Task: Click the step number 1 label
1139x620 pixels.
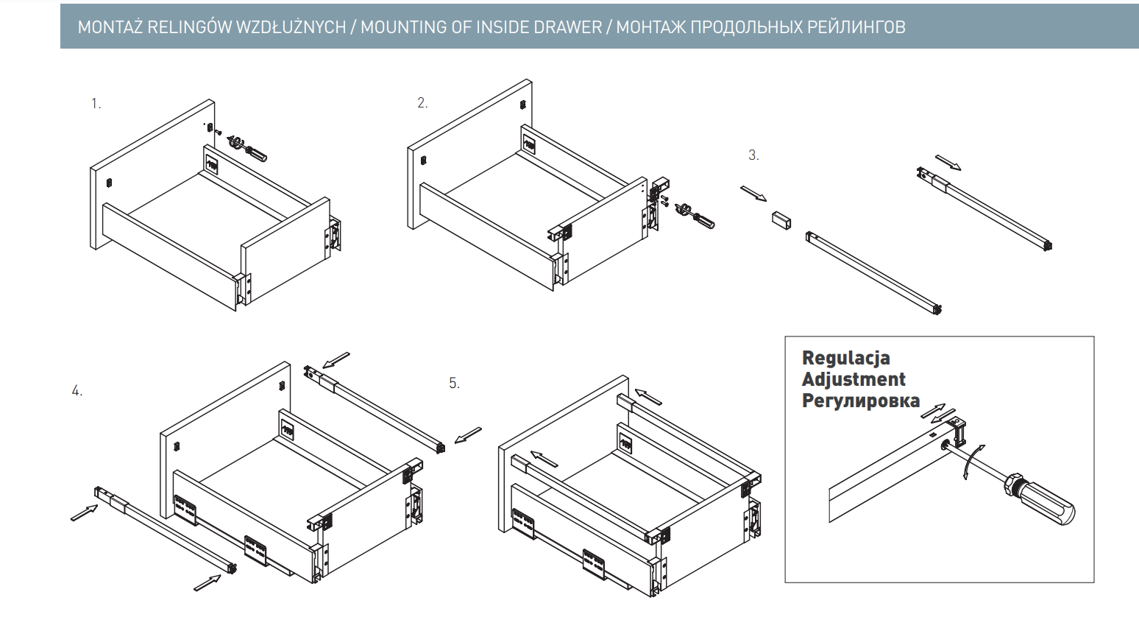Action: click(96, 104)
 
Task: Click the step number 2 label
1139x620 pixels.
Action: click(422, 103)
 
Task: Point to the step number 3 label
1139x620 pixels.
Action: click(753, 155)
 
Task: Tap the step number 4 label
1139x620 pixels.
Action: click(77, 391)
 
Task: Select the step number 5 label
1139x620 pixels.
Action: click(454, 384)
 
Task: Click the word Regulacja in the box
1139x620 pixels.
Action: click(845, 359)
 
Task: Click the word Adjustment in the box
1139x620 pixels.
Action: click(854, 380)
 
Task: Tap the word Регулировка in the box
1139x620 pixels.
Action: click(860, 401)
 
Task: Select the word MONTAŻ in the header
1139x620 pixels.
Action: click(110, 27)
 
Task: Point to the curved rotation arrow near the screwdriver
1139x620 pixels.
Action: click(972, 461)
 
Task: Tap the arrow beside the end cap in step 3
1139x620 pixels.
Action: click(753, 194)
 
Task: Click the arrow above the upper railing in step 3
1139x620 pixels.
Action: click(948, 162)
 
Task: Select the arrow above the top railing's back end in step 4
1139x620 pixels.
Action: click(336, 359)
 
